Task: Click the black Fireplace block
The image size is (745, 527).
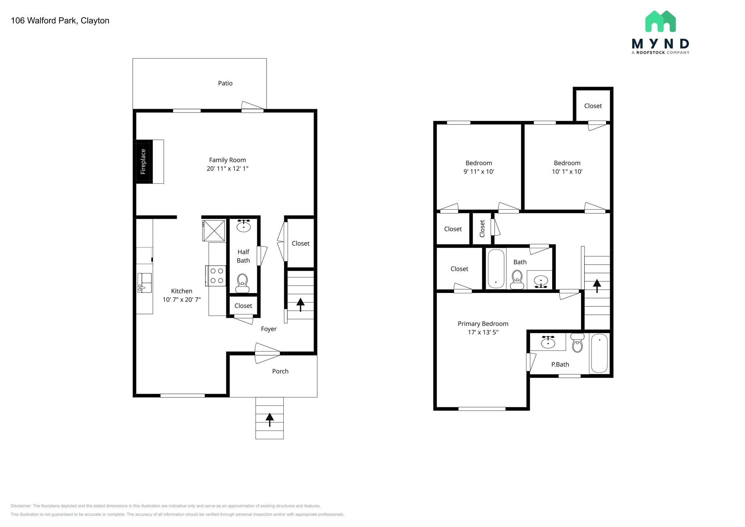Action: pos(144,162)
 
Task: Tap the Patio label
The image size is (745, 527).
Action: pos(225,83)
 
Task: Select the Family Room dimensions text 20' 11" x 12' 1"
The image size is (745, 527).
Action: pos(227,169)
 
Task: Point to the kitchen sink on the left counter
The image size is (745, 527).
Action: pos(144,283)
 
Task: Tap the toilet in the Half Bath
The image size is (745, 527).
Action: pos(242,283)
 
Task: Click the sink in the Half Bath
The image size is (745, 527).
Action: pos(243,226)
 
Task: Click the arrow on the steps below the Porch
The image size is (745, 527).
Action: pos(270,420)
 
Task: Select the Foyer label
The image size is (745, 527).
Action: pos(269,329)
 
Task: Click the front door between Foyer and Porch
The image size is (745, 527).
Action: pos(267,353)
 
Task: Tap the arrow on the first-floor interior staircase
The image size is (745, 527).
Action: pos(300,305)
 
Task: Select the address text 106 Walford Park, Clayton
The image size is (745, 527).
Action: pos(60,21)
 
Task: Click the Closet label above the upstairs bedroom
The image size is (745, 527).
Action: pos(593,106)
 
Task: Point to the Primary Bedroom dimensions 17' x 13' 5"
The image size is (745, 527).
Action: pos(483,332)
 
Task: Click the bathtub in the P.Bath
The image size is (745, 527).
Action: pos(599,353)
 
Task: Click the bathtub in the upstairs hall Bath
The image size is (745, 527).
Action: pos(496,269)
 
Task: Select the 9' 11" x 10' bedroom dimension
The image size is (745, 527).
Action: pos(478,172)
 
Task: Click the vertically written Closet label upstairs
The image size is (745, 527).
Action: pos(482,229)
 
